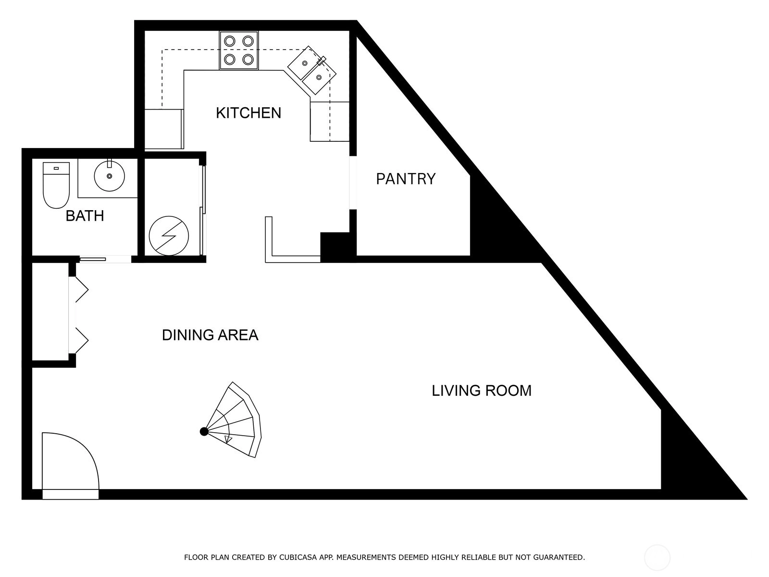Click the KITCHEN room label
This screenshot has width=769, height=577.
[x=248, y=113]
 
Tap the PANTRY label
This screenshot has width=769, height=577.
[x=406, y=179]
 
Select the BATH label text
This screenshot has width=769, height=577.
[x=85, y=216]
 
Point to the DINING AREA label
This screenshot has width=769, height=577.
[x=210, y=335]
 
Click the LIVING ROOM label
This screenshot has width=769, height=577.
[x=482, y=390]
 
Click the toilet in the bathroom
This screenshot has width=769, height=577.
[x=56, y=185]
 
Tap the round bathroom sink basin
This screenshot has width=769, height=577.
[x=109, y=176]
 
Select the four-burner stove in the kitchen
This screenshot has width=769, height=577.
[x=239, y=50]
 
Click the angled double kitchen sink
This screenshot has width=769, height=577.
[x=312, y=70]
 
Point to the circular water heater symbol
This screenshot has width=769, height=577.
[x=169, y=236]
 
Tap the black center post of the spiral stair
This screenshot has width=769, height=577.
[x=204, y=432]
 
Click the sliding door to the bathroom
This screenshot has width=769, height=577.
[x=92, y=259]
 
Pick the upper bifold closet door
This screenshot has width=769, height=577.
[x=78, y=290]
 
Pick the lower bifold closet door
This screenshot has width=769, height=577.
[x=78, y=340]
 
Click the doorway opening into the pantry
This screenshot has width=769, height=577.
[x=353, y=183]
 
